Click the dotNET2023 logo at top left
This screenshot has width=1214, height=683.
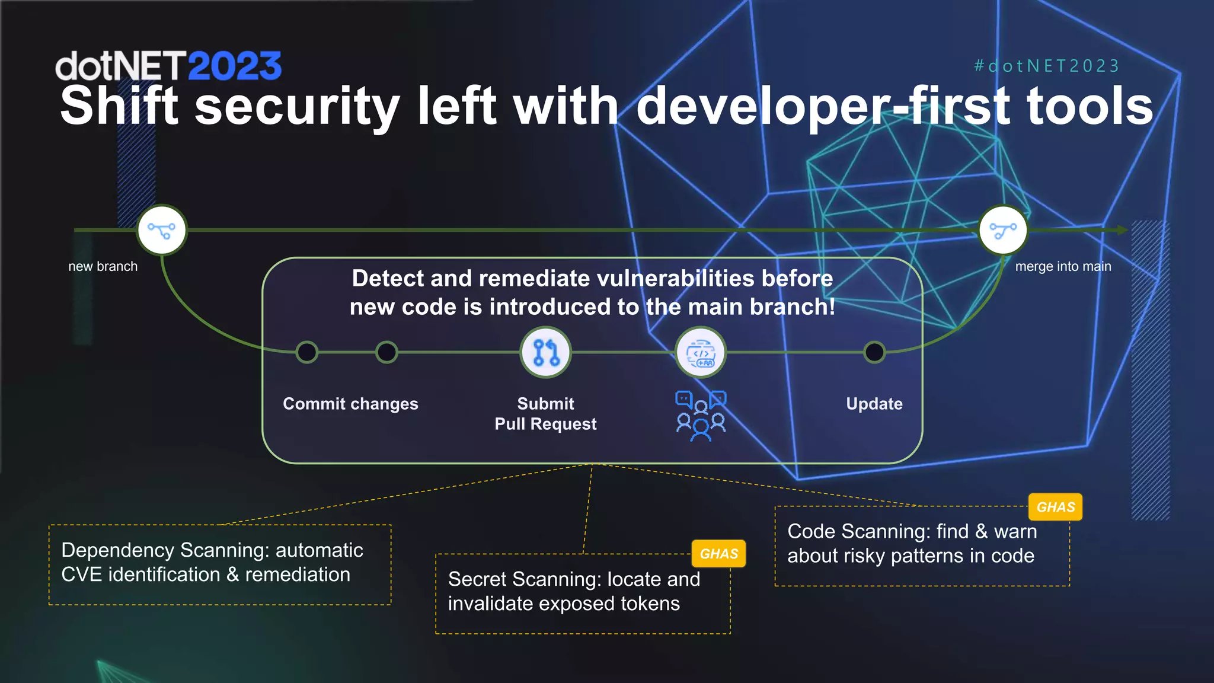click(168, 66)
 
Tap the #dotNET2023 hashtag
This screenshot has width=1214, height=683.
click(1047, 66)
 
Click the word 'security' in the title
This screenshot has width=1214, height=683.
click(297, 107)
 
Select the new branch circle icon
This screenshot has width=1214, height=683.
click(162, 230)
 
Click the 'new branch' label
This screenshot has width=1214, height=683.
click(103, 267)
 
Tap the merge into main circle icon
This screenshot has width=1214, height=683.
click(1003, 230)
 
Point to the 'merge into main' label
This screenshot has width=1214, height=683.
click(1063, 267)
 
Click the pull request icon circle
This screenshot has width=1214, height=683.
click(545, 352)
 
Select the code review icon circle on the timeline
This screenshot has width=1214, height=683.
click(701, 353)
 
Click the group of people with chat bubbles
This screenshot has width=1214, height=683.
click(701, 416)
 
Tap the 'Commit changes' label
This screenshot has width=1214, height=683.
click(350, 404)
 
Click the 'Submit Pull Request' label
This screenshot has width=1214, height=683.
click(545, 414)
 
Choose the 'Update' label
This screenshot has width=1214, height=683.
click(874, 404)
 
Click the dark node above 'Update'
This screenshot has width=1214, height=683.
click(874, 352)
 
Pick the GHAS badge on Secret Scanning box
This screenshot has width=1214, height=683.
click(718, 554)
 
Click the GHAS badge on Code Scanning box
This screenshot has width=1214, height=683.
click(1055, 507)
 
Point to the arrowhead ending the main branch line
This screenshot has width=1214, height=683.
click(1122, 230)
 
